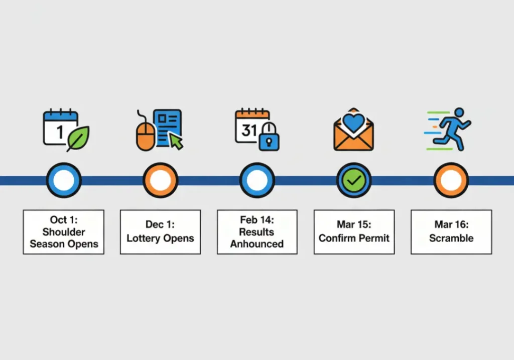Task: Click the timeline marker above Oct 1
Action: point(64,180)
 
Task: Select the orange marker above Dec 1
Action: point(160,180)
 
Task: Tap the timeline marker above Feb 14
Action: point(257,180)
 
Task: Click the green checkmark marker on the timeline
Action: point(354,180)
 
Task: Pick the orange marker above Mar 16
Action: point(451,180)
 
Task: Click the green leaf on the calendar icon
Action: point(78,138)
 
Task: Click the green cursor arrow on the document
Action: point(176,141)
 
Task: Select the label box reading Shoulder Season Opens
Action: point(64,232)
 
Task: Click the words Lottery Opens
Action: point(160,238)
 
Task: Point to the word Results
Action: point(257,232)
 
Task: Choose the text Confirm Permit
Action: point(354,238)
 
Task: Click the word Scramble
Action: point(451,238)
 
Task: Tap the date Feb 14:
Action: point(257,220)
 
